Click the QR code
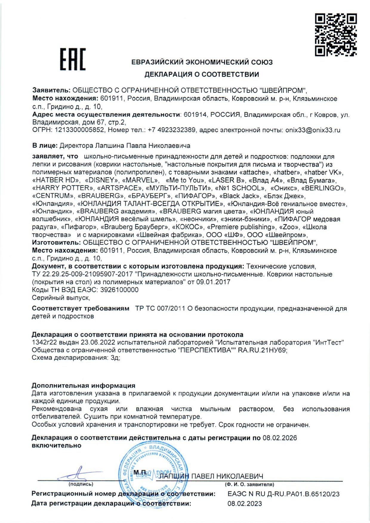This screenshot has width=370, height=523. point(336,35)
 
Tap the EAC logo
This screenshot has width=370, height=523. point(73,59)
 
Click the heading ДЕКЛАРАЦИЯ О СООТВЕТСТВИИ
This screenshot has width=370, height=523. point(202,75)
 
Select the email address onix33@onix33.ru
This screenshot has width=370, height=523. point(313,130)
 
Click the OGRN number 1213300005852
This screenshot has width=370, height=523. point(80,130)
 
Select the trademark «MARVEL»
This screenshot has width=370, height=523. point(140,180)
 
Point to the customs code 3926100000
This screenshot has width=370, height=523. point(119,290)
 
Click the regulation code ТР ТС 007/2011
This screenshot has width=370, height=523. point(160,309)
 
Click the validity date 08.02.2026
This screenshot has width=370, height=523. point(280,438)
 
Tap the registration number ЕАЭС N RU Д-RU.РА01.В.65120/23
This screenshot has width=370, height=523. point(283,494)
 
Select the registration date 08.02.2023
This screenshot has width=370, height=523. point(245,504)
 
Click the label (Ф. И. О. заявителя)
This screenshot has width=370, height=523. point(249,484)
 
